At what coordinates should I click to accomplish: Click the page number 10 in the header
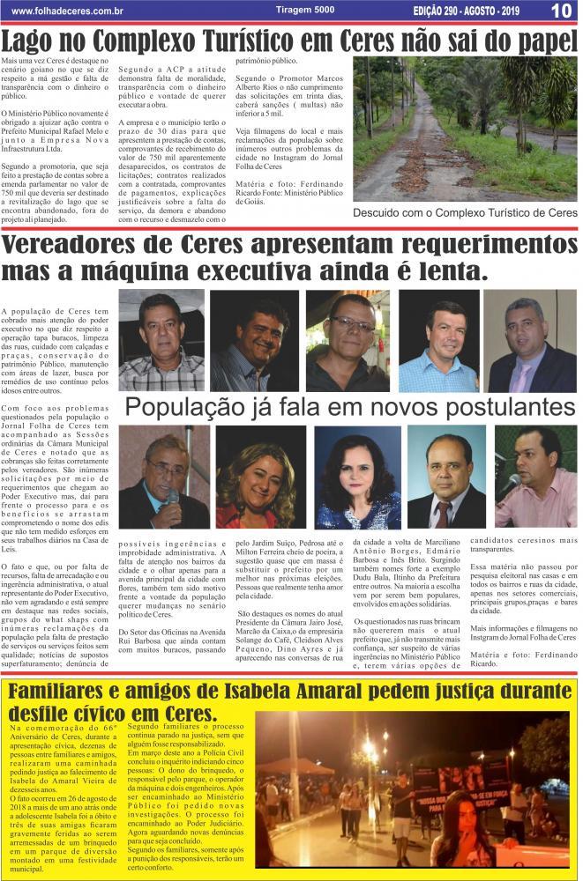[562, 11]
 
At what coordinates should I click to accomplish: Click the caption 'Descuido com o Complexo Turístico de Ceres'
[465, 213]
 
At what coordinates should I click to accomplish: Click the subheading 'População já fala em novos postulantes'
[349, 406]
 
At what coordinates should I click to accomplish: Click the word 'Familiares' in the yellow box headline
[71, 692]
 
